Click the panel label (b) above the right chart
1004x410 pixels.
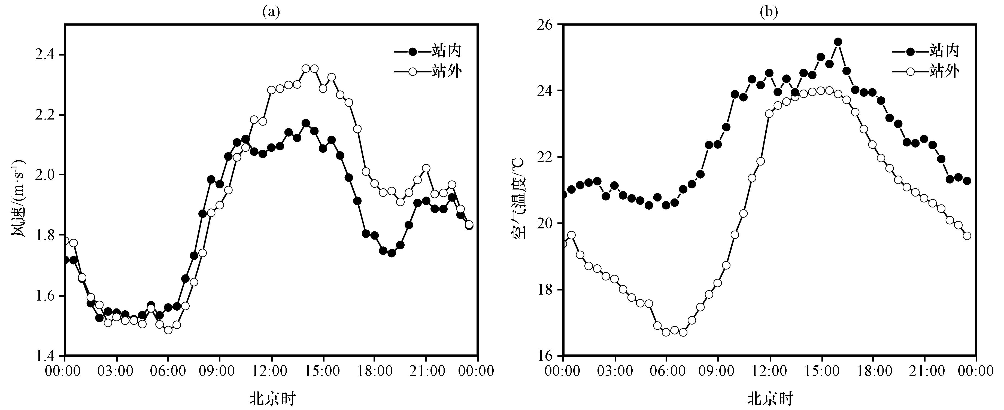coord(769,12)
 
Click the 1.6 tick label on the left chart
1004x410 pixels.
coord(46,296)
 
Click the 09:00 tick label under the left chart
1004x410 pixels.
coord(219,371)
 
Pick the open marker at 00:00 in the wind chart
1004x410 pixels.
coord(65,241)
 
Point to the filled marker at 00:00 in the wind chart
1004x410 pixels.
coord(65,260)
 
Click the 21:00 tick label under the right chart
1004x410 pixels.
coord(924,371)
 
